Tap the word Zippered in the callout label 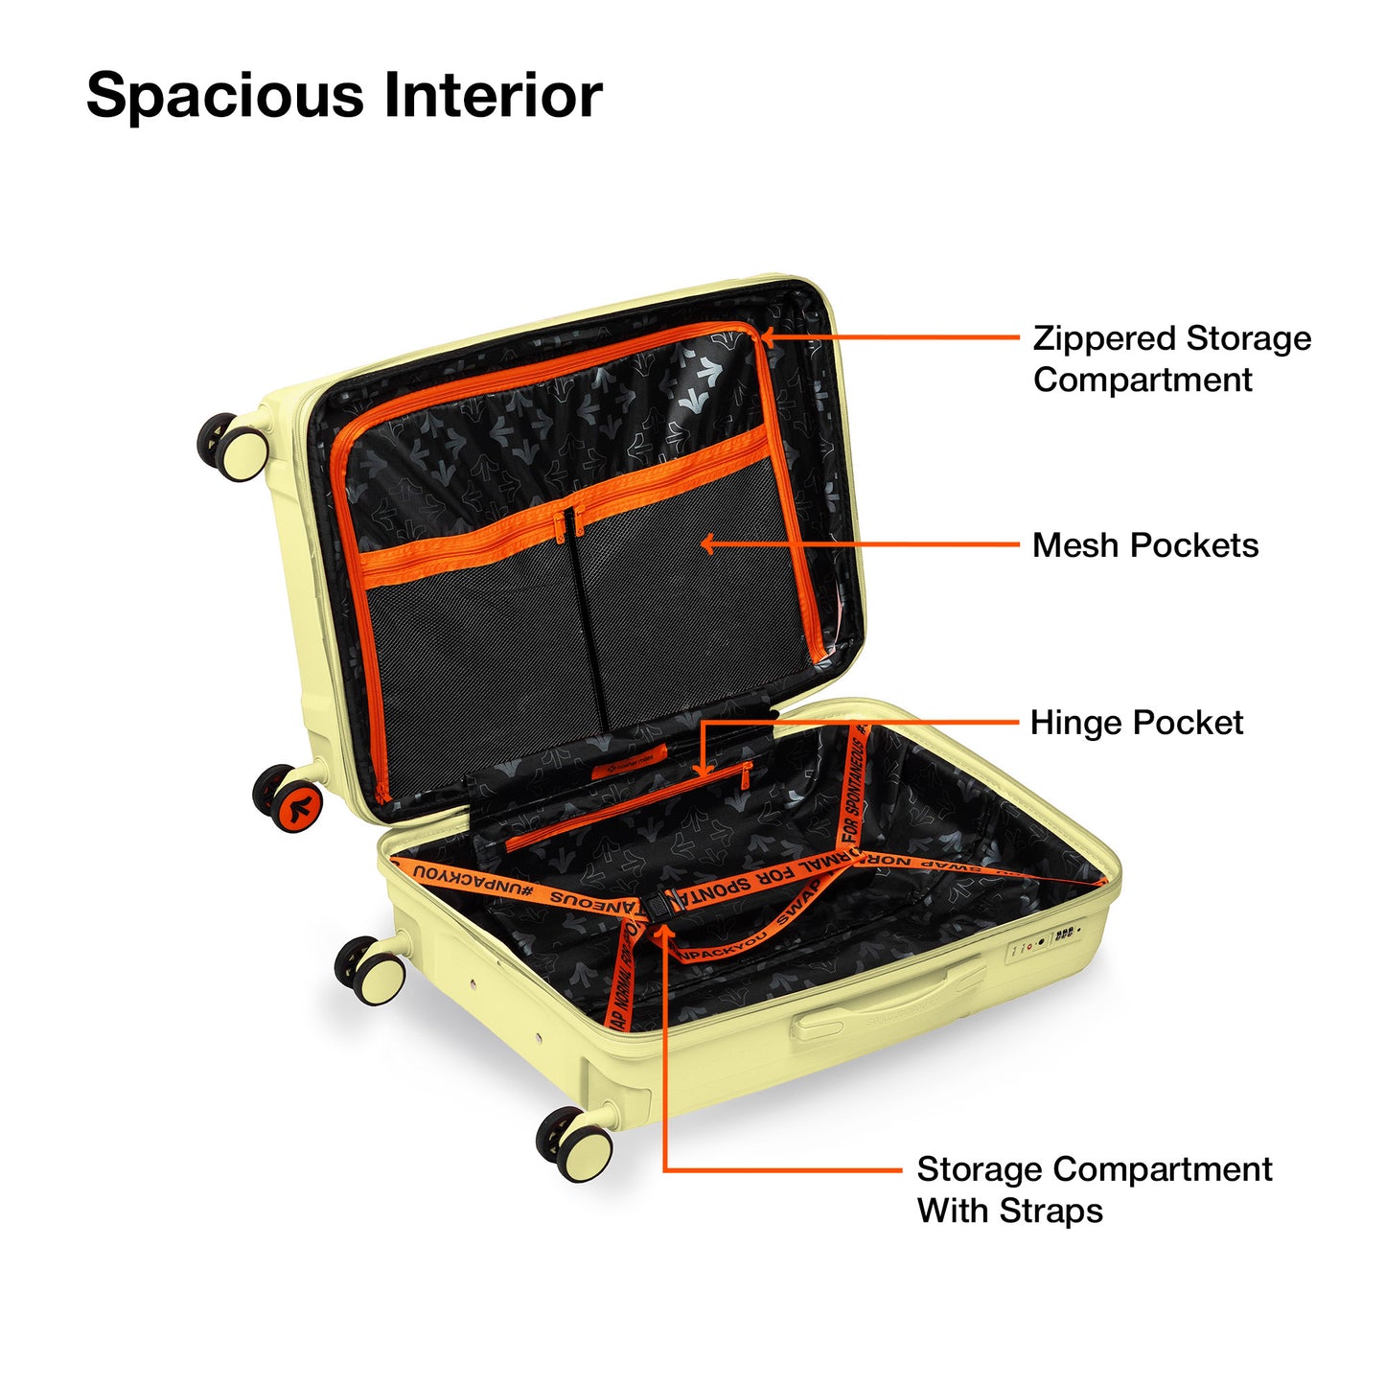click(x=1102, y=339)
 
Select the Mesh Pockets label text click(x=1144, y=545)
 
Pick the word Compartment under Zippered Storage click(x=1143, y=381)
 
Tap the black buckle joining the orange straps click(x=659, y=903)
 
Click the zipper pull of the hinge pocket click(x=745, y=777)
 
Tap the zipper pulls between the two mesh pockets click(x=567, y=522)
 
